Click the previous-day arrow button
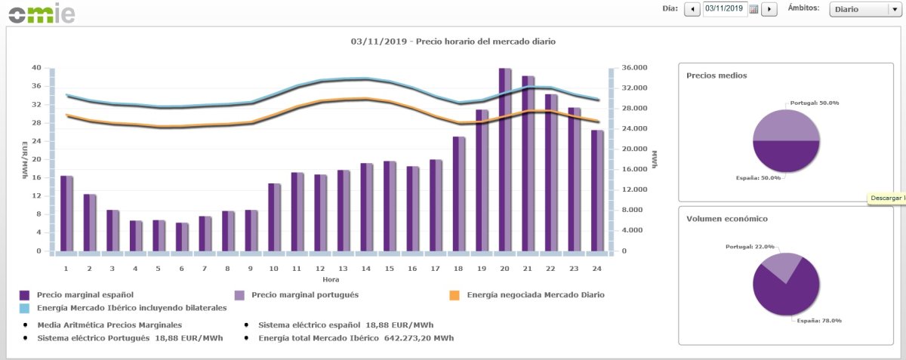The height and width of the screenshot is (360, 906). (692, 9)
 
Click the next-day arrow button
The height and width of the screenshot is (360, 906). (769, 9)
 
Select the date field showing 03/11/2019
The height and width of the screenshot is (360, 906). (724, 9)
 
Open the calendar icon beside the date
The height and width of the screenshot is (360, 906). (753, 9)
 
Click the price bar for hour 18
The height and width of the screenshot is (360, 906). (458, 194)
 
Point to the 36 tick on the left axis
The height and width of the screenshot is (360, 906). (36, 86)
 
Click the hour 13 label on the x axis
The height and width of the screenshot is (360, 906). (343, 268)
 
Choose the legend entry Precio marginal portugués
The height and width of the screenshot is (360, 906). (304, 294)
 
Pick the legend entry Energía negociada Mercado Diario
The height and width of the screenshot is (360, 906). (536, 294)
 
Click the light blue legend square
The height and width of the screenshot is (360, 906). (25, 308)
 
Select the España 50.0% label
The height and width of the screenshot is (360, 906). (759, 177)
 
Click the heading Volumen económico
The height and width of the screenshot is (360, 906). (726, 219)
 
